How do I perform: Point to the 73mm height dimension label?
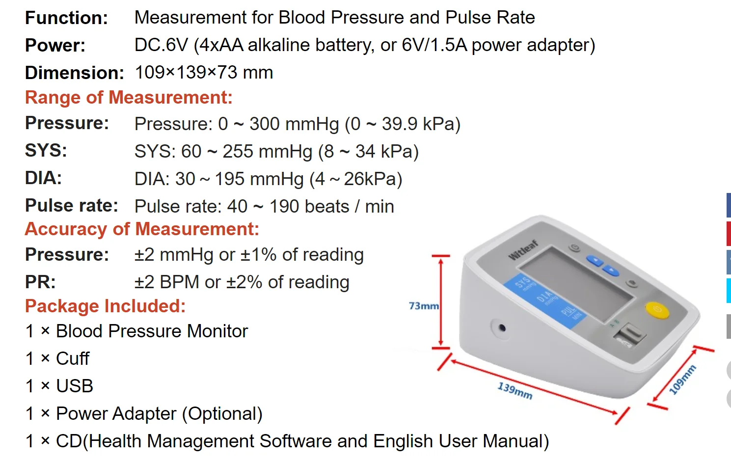[x=423, y=306]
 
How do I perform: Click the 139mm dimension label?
[x=514, y=391]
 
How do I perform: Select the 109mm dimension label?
[x=682, y=380]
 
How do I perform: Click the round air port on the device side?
[x=501, y=327]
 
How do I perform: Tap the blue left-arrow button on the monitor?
[x=595, y=261]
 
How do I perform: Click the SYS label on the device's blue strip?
[x=522, y=283]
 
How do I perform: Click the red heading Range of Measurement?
[x=129, y=97]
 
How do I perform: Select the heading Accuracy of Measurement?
[x=142, y=229]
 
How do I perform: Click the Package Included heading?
[x=106, y=306]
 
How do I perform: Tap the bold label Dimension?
[x=75, y=73]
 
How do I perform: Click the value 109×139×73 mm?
[x=204, y=73]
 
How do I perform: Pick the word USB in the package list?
[x=75, y=386]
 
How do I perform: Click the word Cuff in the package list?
[x=73, y=358]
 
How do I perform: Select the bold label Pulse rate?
[x=72, y=206]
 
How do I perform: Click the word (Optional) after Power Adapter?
[x=222, y=413]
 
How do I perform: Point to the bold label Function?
[x=67, y=18]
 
